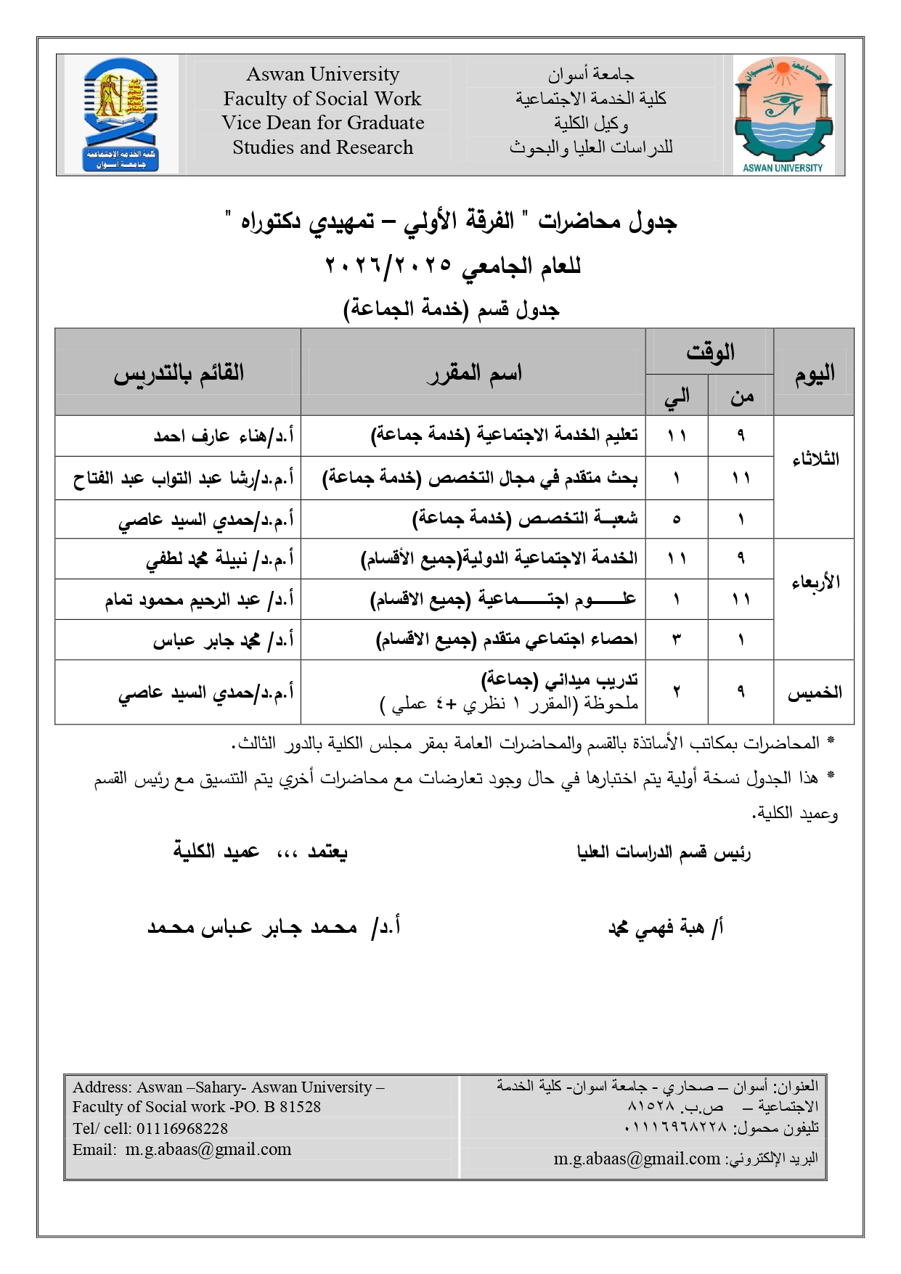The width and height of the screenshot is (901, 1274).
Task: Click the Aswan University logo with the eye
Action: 782,115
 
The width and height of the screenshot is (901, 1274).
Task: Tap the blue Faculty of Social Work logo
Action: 121,115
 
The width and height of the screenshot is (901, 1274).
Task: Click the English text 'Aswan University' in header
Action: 322,74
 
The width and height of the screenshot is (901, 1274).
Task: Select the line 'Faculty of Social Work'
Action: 322,99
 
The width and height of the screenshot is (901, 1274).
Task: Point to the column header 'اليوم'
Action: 814,372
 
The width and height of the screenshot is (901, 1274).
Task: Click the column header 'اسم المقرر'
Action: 473,372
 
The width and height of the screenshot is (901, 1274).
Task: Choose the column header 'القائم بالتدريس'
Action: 178,372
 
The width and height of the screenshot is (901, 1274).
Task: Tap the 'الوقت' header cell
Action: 709,352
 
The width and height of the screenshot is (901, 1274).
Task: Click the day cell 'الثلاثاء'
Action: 815,459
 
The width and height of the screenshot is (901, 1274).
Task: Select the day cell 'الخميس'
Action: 815,693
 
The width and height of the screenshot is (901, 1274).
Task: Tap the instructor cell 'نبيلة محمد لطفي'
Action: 219,559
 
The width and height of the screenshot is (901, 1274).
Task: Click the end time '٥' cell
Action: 677,519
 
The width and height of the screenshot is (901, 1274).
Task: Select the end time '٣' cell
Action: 677,640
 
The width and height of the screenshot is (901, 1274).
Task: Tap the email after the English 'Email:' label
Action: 208,1149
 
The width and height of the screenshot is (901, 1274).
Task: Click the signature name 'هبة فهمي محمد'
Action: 664,928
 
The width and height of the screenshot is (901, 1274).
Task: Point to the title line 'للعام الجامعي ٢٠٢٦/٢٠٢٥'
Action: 452,266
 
